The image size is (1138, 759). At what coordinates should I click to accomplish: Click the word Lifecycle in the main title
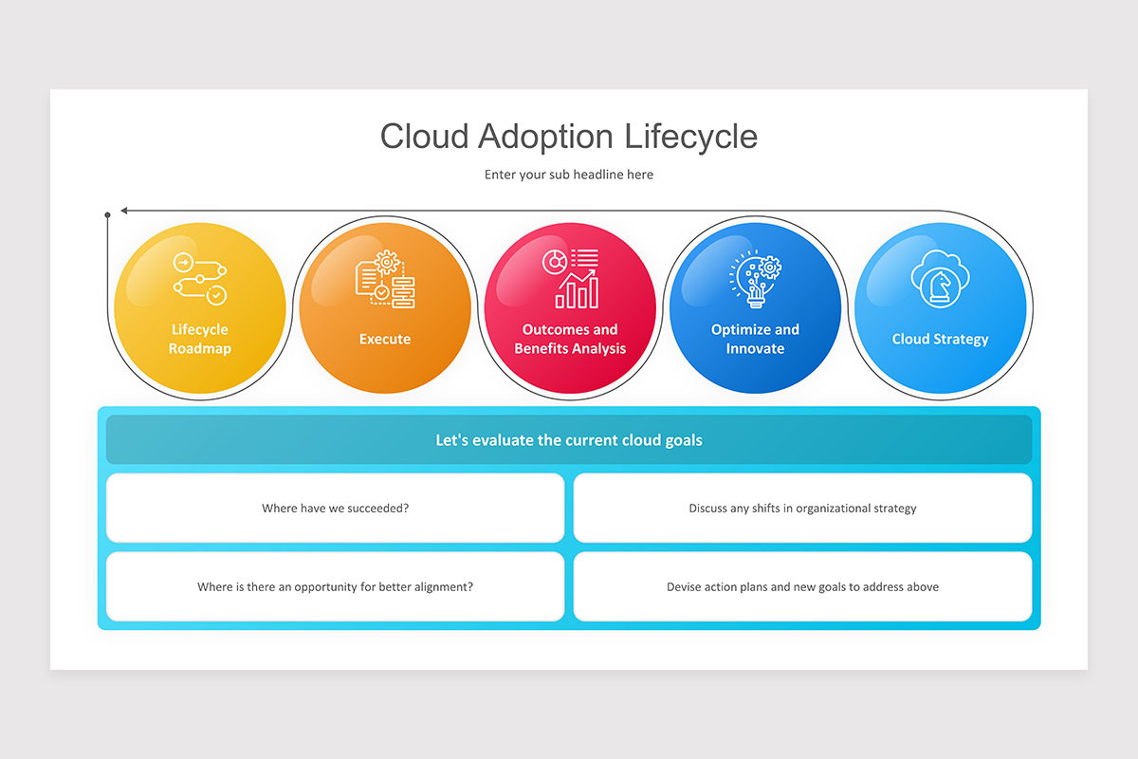pos(690,137)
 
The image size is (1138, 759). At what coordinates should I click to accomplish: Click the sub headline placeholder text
pos(569,175)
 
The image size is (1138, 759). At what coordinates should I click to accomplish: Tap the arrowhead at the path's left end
pos(125,211)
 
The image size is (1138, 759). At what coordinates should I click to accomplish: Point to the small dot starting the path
pos(107,215)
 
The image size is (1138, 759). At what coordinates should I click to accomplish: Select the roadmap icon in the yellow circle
pos(200,278)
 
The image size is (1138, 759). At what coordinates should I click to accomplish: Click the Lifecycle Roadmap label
pos(200,339)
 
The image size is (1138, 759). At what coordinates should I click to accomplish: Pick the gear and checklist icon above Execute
pos(385,280)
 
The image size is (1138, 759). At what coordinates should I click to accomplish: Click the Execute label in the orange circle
pos(385,339)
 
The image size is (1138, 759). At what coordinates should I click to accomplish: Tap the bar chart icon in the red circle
pos(571,278)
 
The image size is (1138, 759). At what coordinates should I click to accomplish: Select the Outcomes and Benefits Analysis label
pos(570,339)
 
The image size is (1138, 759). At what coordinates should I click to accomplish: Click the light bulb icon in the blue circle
pos(755,280)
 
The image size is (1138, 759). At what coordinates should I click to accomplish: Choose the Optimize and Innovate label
pos(755,339)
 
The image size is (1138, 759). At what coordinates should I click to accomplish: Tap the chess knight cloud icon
pos(940,278)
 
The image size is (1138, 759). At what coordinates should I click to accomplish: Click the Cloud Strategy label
pos(940,339)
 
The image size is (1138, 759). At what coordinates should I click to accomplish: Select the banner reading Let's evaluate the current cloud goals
pos(569,440)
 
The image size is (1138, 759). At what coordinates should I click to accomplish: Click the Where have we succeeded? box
pos(336,508)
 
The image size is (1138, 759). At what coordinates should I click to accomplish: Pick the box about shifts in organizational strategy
pos(802,508)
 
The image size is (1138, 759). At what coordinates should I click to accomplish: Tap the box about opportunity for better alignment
pos(336,586)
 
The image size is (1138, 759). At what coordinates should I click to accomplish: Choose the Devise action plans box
pos(802,586)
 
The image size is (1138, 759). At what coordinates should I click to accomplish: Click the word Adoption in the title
pos(545,137)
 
